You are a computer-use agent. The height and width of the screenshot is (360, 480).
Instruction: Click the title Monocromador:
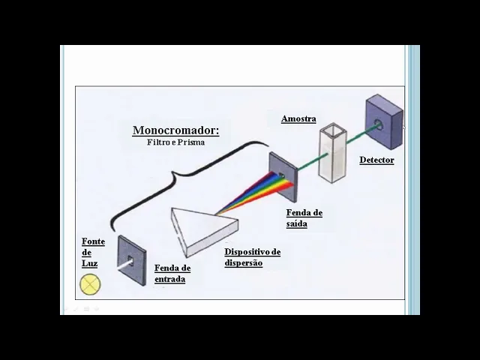click(x=175, y=130)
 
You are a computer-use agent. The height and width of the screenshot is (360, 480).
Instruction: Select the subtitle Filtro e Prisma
click(x=175, y=142)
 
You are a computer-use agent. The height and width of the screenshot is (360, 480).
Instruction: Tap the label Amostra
click(x=298, y=118)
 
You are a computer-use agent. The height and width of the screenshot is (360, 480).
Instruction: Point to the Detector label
click(x=376, y=160)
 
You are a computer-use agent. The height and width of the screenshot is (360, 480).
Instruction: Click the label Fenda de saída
click(x=304, y=217)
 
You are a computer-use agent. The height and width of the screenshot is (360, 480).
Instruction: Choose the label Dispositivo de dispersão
click(x=252, y=257)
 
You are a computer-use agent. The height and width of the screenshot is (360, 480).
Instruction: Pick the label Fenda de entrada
click(x=172, y=274)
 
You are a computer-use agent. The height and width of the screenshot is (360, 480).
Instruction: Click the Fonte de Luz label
click(x=93, y=253)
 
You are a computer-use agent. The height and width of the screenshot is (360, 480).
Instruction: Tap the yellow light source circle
click(x=90, y=284)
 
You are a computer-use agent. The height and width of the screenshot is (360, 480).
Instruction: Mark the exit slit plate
click(x=283, y=177)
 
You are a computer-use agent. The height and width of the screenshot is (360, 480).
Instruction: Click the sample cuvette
click(x=332, y=153)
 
